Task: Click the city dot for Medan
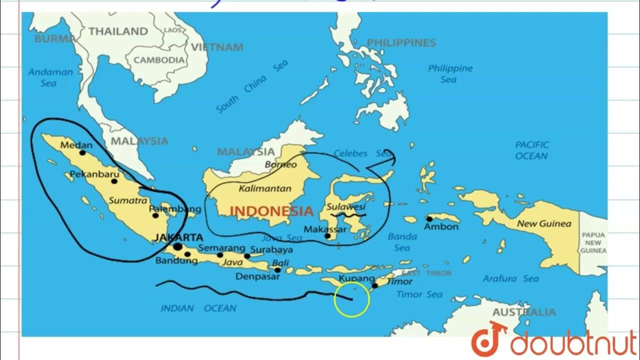tap(82, 152)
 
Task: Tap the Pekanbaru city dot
tap(114, 181)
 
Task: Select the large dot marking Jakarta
tap(177, 247)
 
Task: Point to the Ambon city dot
tap(429, 219)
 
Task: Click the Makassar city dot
tap(327, 236)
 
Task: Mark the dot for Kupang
tap(374, 286)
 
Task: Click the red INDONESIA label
tap(271, 211)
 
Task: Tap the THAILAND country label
tap(118, 31)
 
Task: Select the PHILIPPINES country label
tap(401, 43)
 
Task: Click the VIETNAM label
tap(217, 47)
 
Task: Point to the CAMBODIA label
tap(159, 60)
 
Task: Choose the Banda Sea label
tap(402, 242)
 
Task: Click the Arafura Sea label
tap(511, 278)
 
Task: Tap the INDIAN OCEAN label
tap(198, 308)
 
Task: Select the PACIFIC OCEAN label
tap(532, 150)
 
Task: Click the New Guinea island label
tap(543, 223)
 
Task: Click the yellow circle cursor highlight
tap(352, 299)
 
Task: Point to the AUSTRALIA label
tap(524, 312)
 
